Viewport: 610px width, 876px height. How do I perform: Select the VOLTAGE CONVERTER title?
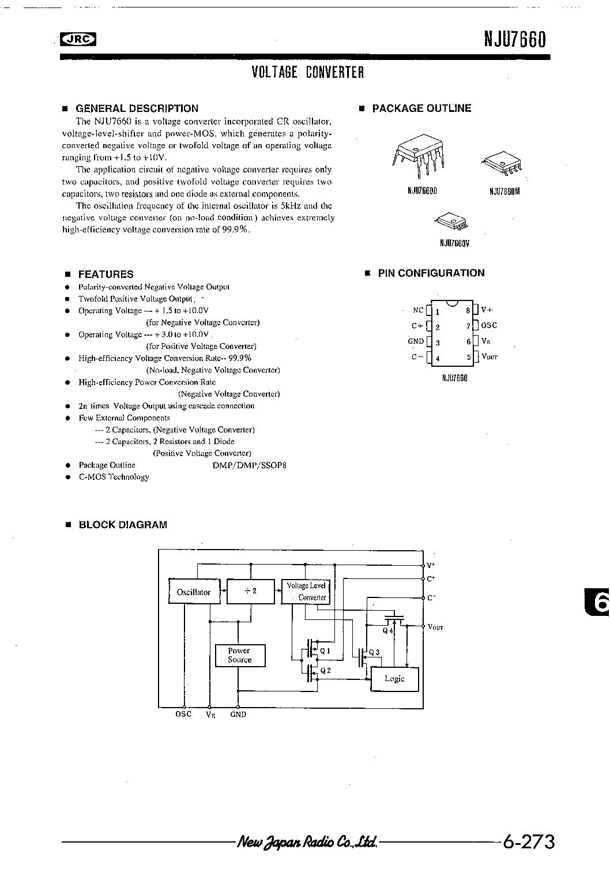coord(308,72)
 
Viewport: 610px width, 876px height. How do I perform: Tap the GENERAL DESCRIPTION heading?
coord(137,108)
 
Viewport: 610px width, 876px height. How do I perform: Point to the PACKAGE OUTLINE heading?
coord(421,108)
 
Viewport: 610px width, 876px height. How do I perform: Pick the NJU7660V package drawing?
coord(453,220)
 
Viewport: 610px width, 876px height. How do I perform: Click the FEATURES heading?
coord(106,275)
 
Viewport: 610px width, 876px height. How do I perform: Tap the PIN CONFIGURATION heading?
coord(431,273)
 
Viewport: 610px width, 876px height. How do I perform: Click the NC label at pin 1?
coord(418,310)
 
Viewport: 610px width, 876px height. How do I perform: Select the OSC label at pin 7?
coord(489,326)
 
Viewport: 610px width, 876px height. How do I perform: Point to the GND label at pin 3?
coord(416,341)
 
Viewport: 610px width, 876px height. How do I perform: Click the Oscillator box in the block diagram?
coord(194,592)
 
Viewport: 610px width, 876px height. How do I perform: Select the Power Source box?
coord(239,656)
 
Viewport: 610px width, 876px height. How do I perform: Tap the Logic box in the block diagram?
coord(395,679)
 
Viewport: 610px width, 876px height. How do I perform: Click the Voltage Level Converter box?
coord(306,591)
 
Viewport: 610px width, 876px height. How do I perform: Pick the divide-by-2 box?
coord(250,591)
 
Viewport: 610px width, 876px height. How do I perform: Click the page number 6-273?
coord(529,842)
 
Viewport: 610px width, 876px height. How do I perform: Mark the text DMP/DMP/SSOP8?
coord(249,465)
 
